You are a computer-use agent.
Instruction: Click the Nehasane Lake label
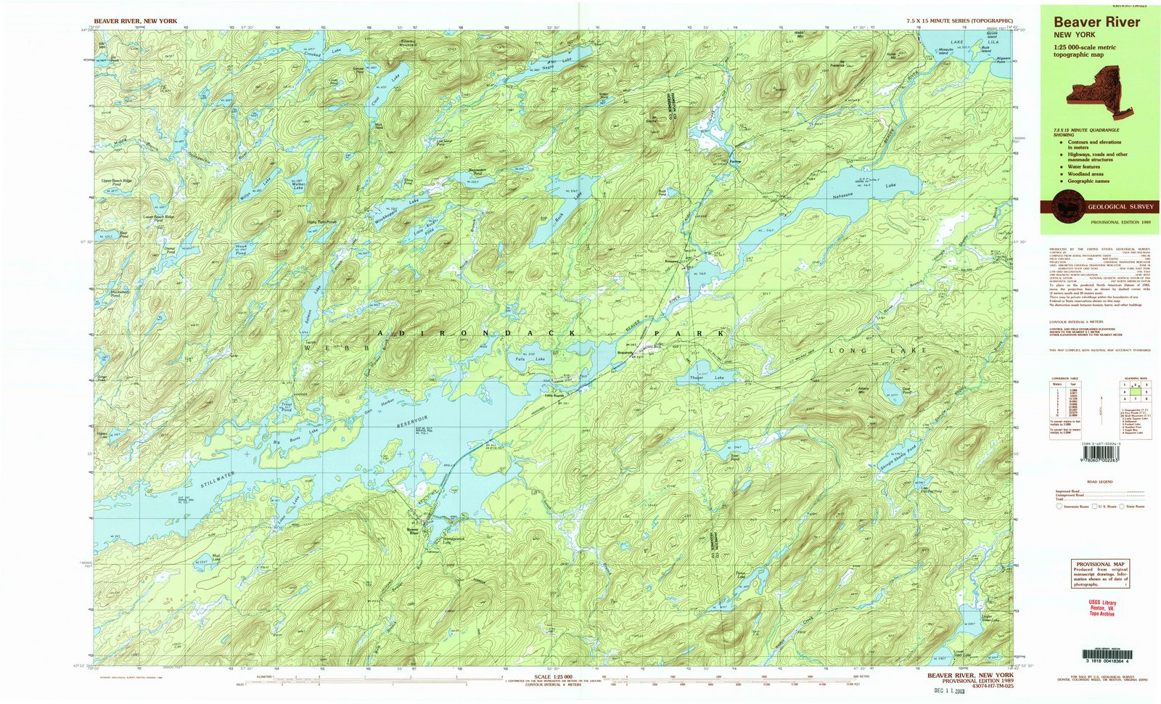tap(863, 191)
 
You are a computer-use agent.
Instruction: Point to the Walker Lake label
tap(297, 187)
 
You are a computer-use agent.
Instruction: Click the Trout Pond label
tap(287, 407)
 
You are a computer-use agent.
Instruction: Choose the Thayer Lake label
tap(707, 378)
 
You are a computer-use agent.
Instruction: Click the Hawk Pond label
tap(242, 250)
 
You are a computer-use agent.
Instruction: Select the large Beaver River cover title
tap(1096, 22)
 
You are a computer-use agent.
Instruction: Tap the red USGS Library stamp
tap(1102, 607)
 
